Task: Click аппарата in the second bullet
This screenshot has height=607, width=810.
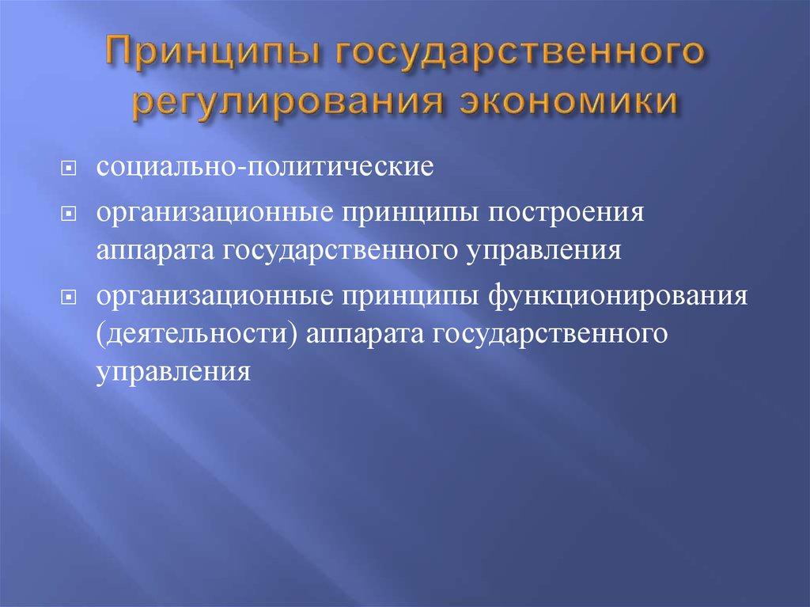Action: (156, 250)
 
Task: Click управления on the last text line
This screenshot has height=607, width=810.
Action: (175, 370)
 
